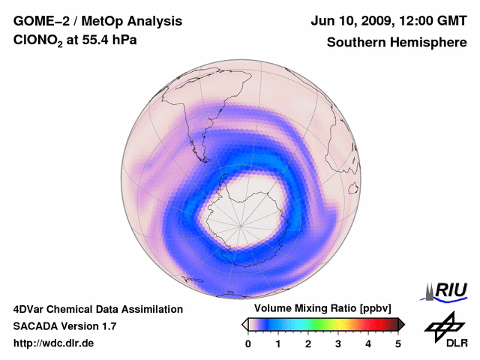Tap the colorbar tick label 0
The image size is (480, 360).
pos(248,343)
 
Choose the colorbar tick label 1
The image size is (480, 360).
pos(278,343)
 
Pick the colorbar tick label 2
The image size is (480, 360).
pos(308,343)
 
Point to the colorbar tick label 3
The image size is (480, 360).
pos(338,343)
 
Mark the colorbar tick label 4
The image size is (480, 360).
pos(368,343)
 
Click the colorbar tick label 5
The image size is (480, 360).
pos(398,343)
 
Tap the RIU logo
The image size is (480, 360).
pos(447,290)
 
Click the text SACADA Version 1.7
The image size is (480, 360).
pos(64,326)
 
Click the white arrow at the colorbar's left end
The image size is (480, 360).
pos(245,324)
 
